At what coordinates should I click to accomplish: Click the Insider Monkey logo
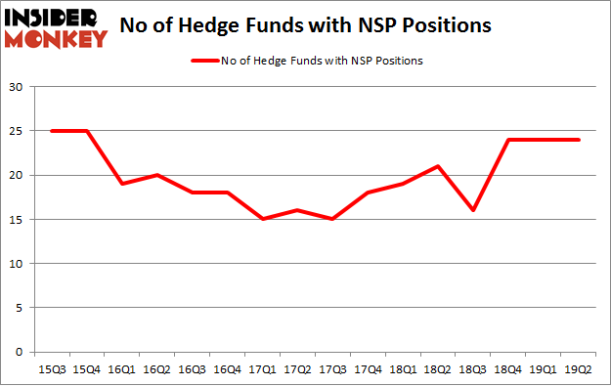point(55,27)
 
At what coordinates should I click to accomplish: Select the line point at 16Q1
point(121,184)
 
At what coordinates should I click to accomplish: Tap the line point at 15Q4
point(86,131)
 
